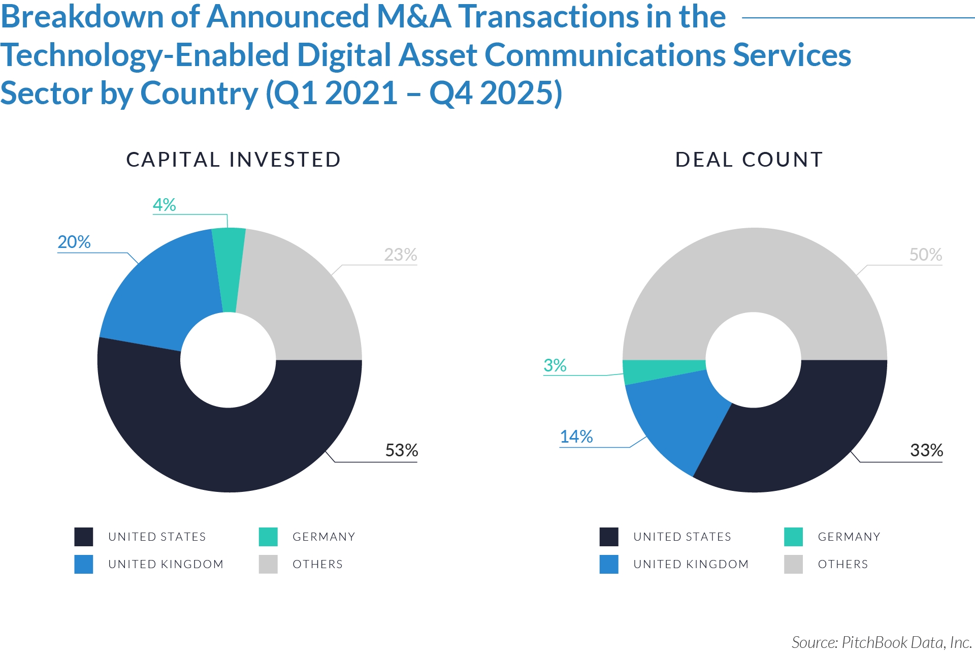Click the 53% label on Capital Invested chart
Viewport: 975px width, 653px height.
pos(401,450)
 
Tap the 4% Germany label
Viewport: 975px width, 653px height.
pos(164,205)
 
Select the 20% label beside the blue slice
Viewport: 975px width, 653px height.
pos(74,242)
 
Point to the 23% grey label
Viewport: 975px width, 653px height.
pos(400,255)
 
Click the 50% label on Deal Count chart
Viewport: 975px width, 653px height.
pos(925,255)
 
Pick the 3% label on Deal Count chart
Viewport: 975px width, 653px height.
pos(555,365)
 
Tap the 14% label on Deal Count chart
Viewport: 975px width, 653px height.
pos(576,437)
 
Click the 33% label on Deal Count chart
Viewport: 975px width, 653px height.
pos(926,450)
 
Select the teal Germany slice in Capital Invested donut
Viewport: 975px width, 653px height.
pos(229,269)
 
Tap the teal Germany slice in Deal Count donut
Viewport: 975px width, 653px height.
pos(660,371)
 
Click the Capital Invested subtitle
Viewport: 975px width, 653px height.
pos(233,160)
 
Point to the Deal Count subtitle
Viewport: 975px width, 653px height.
pos(749,160)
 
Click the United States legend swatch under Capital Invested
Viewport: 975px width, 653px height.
pos(84,537)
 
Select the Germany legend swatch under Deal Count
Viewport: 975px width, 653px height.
pos(793,537)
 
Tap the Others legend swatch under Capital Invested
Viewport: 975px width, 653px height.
pos(268,564)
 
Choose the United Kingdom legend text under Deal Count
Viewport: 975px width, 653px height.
pos(691,564)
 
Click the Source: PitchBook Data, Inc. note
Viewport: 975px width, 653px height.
pos(881,642)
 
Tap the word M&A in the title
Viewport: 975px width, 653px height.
pos(414,16)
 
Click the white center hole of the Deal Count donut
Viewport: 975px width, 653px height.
pos(754,360)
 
